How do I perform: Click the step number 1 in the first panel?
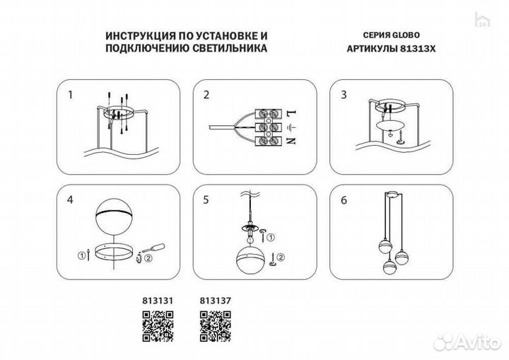point(69,94)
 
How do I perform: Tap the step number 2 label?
point(206,94)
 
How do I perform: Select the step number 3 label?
point(343,94)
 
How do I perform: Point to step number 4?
point(69,200)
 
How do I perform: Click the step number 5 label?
point(206,200)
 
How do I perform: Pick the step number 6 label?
point(343,200)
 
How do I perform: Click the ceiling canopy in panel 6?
point(392,194)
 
